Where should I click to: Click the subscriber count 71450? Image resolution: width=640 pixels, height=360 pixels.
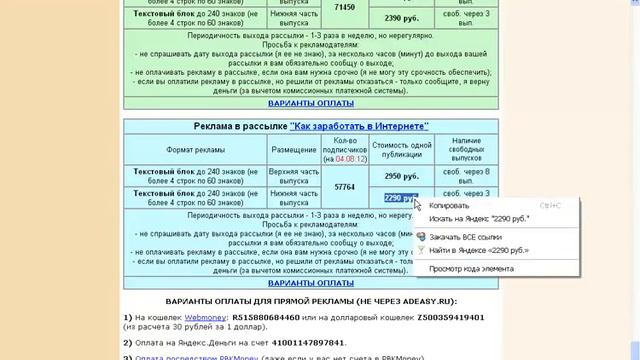(x=344, y=7)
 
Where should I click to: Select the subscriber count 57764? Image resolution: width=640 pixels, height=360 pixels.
(x=344, y=186)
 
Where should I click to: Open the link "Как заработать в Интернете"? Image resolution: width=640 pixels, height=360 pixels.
(x=358, y=126)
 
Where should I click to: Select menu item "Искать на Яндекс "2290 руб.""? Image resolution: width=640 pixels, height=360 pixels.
(x=479, y=218)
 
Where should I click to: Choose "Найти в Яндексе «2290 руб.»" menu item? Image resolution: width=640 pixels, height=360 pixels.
(x=479, y=250)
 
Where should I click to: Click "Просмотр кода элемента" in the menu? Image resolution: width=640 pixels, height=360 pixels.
(x=471, y=268)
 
